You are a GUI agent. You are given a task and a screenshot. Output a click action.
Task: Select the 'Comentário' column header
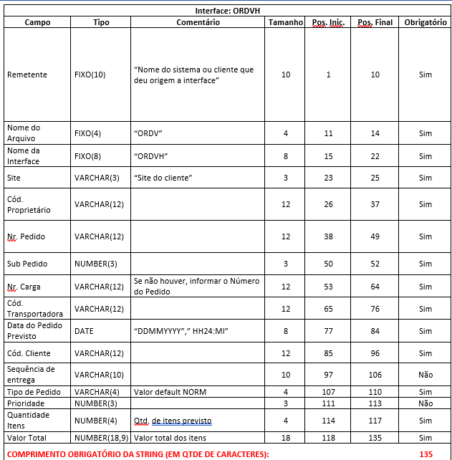pyautogui.click(x=198, y=22)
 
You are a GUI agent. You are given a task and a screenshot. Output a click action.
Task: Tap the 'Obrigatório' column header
pyautogui.click(x=425, y=22)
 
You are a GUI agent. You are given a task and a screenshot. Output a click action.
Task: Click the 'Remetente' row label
pyautogui.click(x=27, y=75)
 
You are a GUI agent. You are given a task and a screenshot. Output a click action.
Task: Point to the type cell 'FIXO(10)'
pyautogui.click(x=90, y=75)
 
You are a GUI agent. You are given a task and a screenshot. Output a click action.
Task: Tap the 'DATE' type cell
pyautogui.click(x=84, y=331)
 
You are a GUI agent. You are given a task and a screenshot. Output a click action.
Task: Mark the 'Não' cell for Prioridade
pyautogui.click(x=425, y=403)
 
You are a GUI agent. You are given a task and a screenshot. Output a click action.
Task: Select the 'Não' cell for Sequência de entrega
pyautogui.click(x=425, y=373)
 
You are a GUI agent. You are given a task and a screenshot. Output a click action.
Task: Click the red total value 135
pyautogui.click(x=425, y=454)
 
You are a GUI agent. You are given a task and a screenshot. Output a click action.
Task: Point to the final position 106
pyautogui.click(x=375, y=373)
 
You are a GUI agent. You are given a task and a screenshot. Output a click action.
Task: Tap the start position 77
pyautogui.click(x=329, y=331)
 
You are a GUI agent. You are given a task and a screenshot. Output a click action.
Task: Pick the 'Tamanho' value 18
pyautogui.click(x=286, y=437)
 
